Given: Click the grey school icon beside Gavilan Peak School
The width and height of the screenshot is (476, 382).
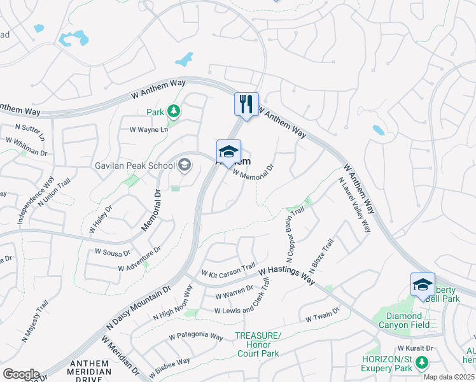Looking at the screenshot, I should coord(185,166).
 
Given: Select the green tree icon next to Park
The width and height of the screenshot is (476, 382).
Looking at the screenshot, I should coord(174,112).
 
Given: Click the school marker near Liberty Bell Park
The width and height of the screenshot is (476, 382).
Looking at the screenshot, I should coord(423,285).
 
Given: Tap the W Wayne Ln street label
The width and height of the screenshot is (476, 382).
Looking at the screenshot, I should coord(148,129).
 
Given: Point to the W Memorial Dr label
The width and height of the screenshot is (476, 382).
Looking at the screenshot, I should coord(257,172).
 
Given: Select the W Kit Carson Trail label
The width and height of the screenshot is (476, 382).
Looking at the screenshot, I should coord(228,270).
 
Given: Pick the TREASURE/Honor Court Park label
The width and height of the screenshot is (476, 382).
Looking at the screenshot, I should coord(258,344).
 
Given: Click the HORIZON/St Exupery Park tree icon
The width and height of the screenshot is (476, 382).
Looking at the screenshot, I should coord(421,363).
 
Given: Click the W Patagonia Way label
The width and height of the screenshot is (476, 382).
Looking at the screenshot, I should coord(195,336).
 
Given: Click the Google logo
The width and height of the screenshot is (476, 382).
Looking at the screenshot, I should coord(20,374).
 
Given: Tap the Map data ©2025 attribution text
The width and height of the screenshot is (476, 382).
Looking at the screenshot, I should coord(449,377).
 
